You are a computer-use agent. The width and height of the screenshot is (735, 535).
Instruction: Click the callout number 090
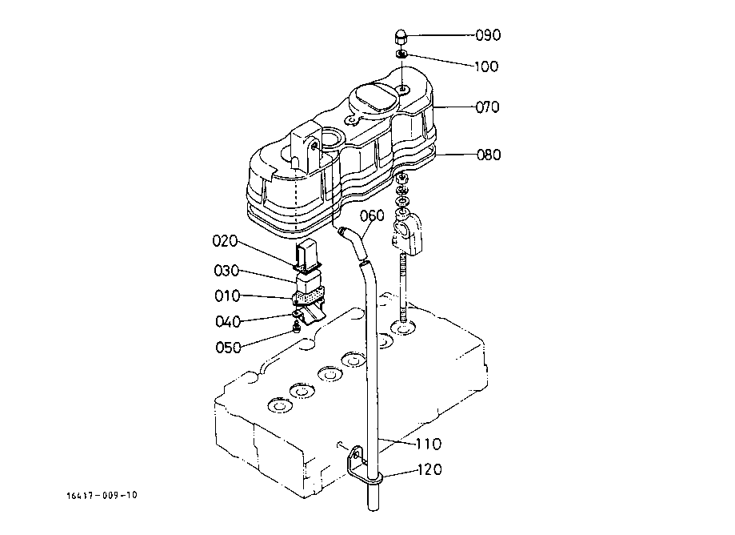pos(488,35)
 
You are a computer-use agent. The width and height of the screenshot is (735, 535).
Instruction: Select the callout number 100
pos(485,66)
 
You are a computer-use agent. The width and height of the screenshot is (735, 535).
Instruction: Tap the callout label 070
pos(487,106)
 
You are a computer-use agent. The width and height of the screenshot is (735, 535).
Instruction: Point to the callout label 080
pos(488,154)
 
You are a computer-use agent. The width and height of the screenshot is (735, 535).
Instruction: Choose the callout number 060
pos(372,215)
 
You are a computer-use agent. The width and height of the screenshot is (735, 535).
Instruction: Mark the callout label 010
pos(226,296)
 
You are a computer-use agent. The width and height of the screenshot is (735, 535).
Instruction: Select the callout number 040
pos(226,321)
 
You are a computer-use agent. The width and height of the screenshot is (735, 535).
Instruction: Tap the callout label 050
pos(227,347)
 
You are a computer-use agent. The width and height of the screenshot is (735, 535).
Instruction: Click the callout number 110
pos(427,444)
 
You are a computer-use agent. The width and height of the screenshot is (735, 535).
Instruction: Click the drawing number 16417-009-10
pos(102,495)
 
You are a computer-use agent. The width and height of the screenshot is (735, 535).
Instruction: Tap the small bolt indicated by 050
pos(298,327)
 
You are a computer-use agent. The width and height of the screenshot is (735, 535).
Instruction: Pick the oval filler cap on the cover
pos(376,99)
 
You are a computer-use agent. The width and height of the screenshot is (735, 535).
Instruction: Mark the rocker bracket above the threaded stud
pos(407,230)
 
